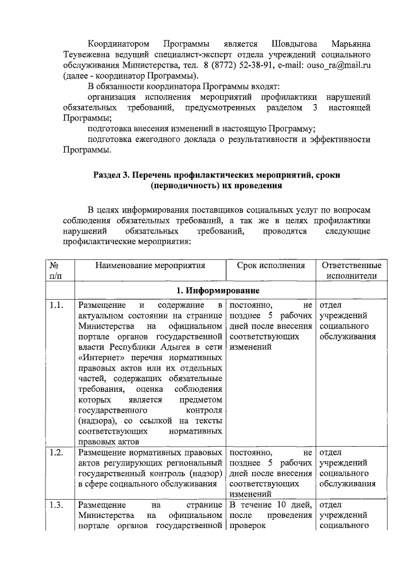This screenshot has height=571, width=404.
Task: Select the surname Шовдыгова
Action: pos(292,44)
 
